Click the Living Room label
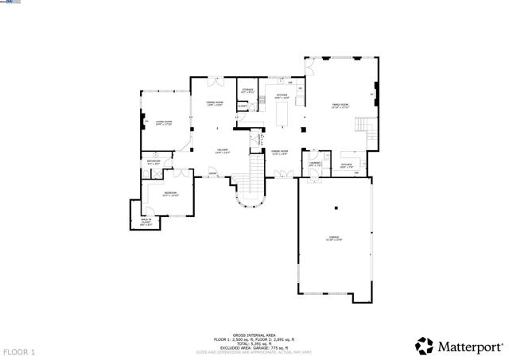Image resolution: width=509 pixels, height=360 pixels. (x=164, y=122)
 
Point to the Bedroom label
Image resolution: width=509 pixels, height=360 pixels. (x=171, y=194)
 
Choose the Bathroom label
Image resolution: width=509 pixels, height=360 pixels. (x=154, y=162)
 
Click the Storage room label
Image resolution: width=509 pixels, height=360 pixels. (x=248, y=91)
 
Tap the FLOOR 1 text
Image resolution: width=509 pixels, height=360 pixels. (x=20, y=351)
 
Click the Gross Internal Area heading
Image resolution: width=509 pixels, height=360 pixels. (x=254, y=335)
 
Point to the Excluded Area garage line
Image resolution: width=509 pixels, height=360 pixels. (x=254, y=346)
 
